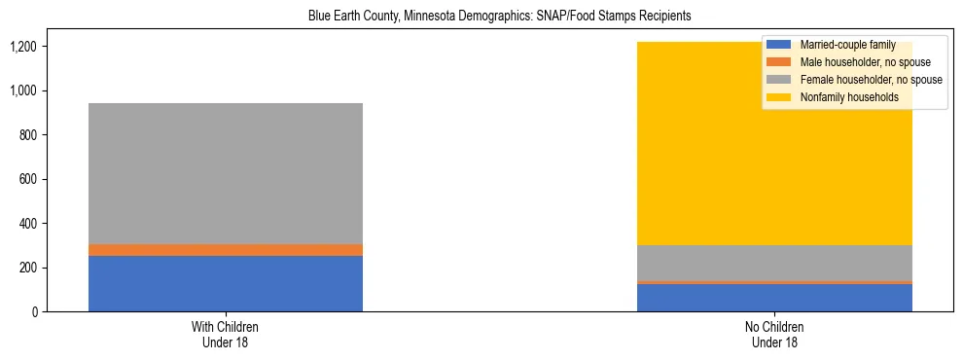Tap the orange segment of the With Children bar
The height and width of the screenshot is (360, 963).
tap(226, 250)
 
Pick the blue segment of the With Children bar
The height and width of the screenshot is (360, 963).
tap(226, 283)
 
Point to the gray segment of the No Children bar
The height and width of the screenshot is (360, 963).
tap(774, 263)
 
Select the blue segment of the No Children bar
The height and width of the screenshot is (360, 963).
tap(774, 298)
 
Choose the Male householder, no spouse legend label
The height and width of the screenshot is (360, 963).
tap(851, 62)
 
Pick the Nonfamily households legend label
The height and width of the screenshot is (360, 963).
tap(842, 97)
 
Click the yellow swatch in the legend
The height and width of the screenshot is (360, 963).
tap(779, 97)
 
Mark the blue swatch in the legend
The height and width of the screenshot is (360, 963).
tap(779, 45)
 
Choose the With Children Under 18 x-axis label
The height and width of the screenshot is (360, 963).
tap(226, 334)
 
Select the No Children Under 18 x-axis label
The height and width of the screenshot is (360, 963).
tap(774, 334)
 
